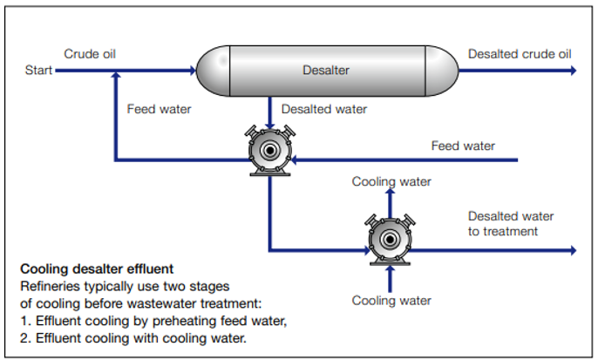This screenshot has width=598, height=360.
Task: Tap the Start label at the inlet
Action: [39, 70]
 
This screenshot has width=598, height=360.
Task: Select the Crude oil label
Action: [90, 54]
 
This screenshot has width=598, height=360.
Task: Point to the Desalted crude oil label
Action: [520, 54]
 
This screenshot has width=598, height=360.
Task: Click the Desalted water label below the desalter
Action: [323, 109]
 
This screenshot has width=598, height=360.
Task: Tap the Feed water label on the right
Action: [463, 146]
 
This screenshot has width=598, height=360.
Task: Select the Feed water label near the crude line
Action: [159, 109]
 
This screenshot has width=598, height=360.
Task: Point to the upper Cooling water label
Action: [391, 181]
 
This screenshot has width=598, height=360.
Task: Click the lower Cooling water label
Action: [391, 301]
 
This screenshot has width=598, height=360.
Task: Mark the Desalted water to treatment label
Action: [510, 223]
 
